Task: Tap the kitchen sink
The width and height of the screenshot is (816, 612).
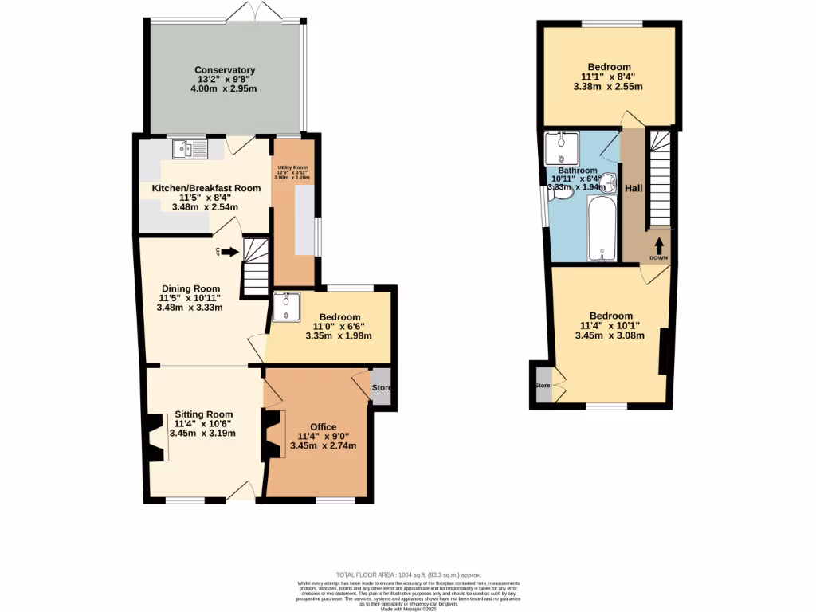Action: pyautogui.click(x=190, y=149)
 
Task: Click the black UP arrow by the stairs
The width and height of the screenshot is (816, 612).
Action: pyautogui.click(x=230, y=253)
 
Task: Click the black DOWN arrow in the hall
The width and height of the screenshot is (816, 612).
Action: pyautogui.click(x=659, y=245)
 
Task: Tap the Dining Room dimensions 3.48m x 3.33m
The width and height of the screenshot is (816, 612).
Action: pyautogui.click(x=189, y=308)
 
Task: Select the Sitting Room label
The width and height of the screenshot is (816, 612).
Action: pyautogui.click(x=204, y=414)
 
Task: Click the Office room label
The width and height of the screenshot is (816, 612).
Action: pyautogui.click(x=316, y=426)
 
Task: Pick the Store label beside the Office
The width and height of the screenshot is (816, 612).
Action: pyautogui.click(x=382, y=389)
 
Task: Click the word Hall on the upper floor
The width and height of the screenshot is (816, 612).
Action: pyautogui.click(x=634, y=188)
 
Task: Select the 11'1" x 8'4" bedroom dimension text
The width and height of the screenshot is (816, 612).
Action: pyautogui.click(x=610, y=77)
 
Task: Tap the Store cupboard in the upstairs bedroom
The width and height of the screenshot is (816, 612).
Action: pyautogui.click(x=543, y=386)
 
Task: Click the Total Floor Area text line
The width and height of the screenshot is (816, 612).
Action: pyautogui.click(x=408, y=575)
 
